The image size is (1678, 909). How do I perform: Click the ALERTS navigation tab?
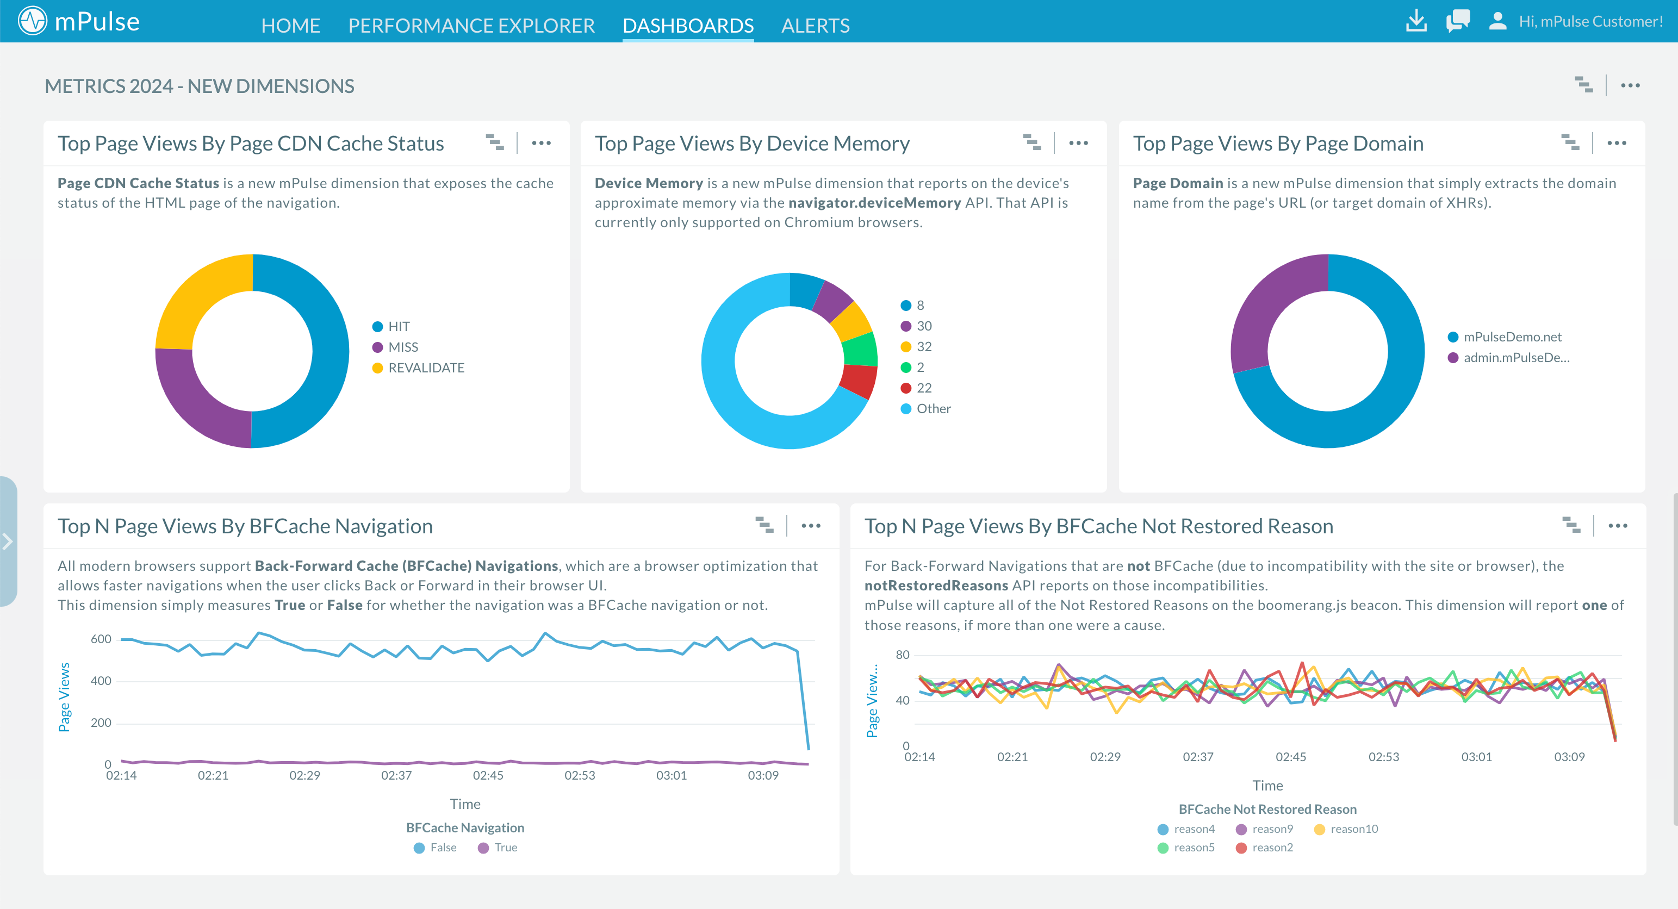tap(815, 26)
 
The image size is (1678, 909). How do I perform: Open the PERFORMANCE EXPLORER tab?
tap(471, 26)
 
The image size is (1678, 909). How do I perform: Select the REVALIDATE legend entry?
tap(425, 368)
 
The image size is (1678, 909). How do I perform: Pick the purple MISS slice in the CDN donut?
tap(195, 404)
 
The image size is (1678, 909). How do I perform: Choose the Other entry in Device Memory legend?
tap(933, 409)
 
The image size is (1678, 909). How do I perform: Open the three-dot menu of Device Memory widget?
tap(1078, 143)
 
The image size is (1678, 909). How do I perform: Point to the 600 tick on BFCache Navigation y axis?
tap(101, 639)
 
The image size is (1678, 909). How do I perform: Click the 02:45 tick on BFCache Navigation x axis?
tap(488, 775)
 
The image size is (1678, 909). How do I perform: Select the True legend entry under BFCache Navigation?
tap(505, 848)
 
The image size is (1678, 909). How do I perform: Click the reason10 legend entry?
tap(1353, 829)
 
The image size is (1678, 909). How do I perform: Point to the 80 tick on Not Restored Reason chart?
tap(902, 655)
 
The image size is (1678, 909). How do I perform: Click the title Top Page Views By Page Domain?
tap(1278, 143)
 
